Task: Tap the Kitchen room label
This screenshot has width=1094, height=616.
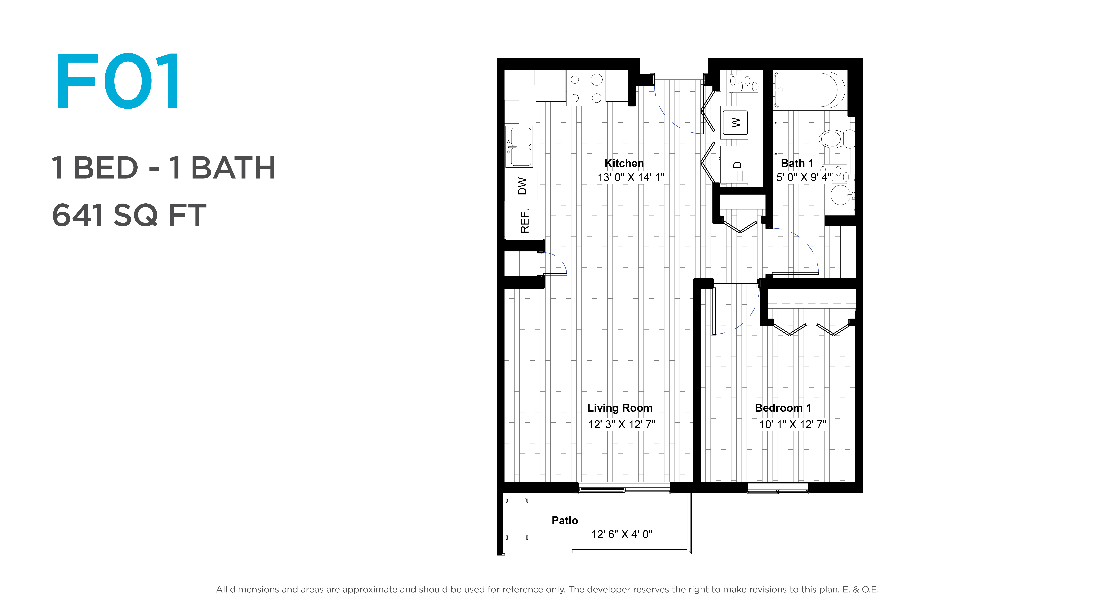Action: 624,163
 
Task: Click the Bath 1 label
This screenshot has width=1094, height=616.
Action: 797,163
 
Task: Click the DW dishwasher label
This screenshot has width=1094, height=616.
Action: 522,186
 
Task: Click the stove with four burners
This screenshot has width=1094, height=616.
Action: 586,88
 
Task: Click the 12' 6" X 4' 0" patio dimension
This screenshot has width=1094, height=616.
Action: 622,534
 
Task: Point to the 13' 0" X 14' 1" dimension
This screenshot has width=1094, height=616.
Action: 631,177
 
